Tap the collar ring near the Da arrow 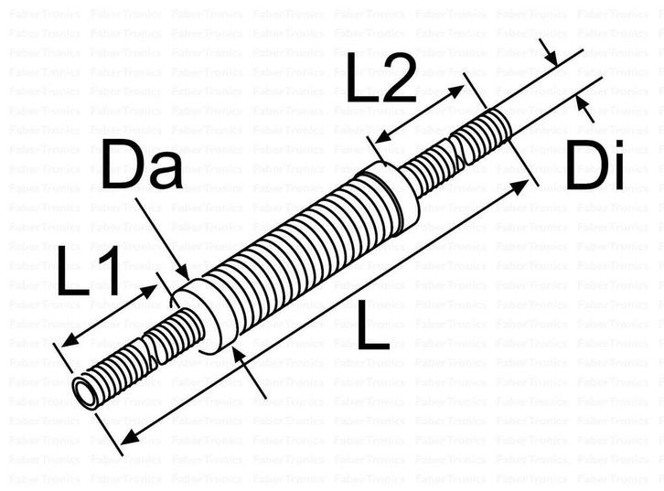coord(203,315)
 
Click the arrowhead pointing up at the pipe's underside coord(239,355)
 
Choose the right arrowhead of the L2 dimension coord(459,90)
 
